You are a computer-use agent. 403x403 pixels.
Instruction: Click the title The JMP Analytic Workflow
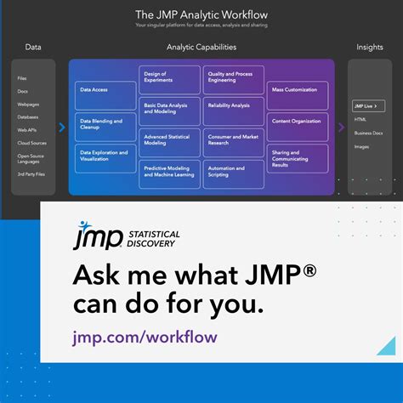[201, 14]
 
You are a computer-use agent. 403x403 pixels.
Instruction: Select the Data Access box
[105, 89]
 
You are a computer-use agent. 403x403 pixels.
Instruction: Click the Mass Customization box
[298, 89]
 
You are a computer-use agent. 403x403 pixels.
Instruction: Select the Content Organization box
[298, 121]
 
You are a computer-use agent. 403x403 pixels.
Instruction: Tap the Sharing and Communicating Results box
[298, 158]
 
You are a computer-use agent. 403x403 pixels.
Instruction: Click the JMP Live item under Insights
[368, 106]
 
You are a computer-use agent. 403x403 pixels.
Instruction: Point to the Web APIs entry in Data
[27, 130]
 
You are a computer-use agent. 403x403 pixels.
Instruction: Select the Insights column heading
[369, 48]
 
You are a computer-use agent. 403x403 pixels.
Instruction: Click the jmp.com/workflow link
[145, 337]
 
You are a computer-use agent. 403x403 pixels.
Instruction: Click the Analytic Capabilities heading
[201, 48]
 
